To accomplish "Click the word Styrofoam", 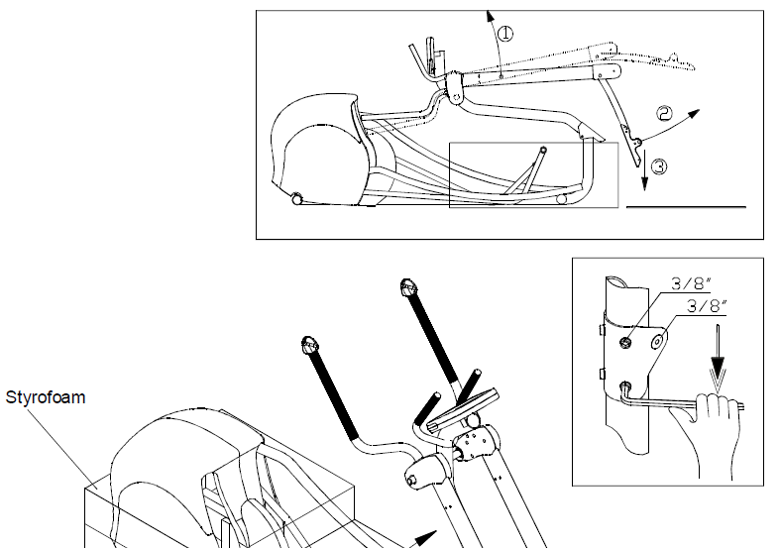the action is pyautogui.click(x=46, y=397).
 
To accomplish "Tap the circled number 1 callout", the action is pyautogui.click(x=505, y=34).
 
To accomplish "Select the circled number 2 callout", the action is pyautogui.click(x=665, y=114).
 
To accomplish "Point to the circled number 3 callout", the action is pyautogui.click(x=659, y=166).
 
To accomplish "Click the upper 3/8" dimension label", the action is pyautogui.click(x=691, y=284).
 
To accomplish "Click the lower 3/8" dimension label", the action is pyautogui.click(x=707, y=306).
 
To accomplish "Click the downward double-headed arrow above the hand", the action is pyautogui.click(x=718, y=357).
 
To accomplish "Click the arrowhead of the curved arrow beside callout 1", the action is pyautogui.click(x=490, y=16).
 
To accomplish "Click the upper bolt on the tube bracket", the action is pyautogui.click(x=625, y=342).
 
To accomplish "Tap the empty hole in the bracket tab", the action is pyautogui.click(x=658, y=341).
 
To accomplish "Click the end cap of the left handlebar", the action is pyautogui.click(x=309, y=344).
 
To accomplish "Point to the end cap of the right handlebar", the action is pyautogui.click(x=408, y=286).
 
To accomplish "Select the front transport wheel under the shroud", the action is pyautogui.click(x=297, y=199).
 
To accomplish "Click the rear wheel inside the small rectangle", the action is pyautogui.click(x=562, y=199).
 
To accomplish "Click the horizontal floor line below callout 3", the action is pyautogui.click(x=686, y=206).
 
